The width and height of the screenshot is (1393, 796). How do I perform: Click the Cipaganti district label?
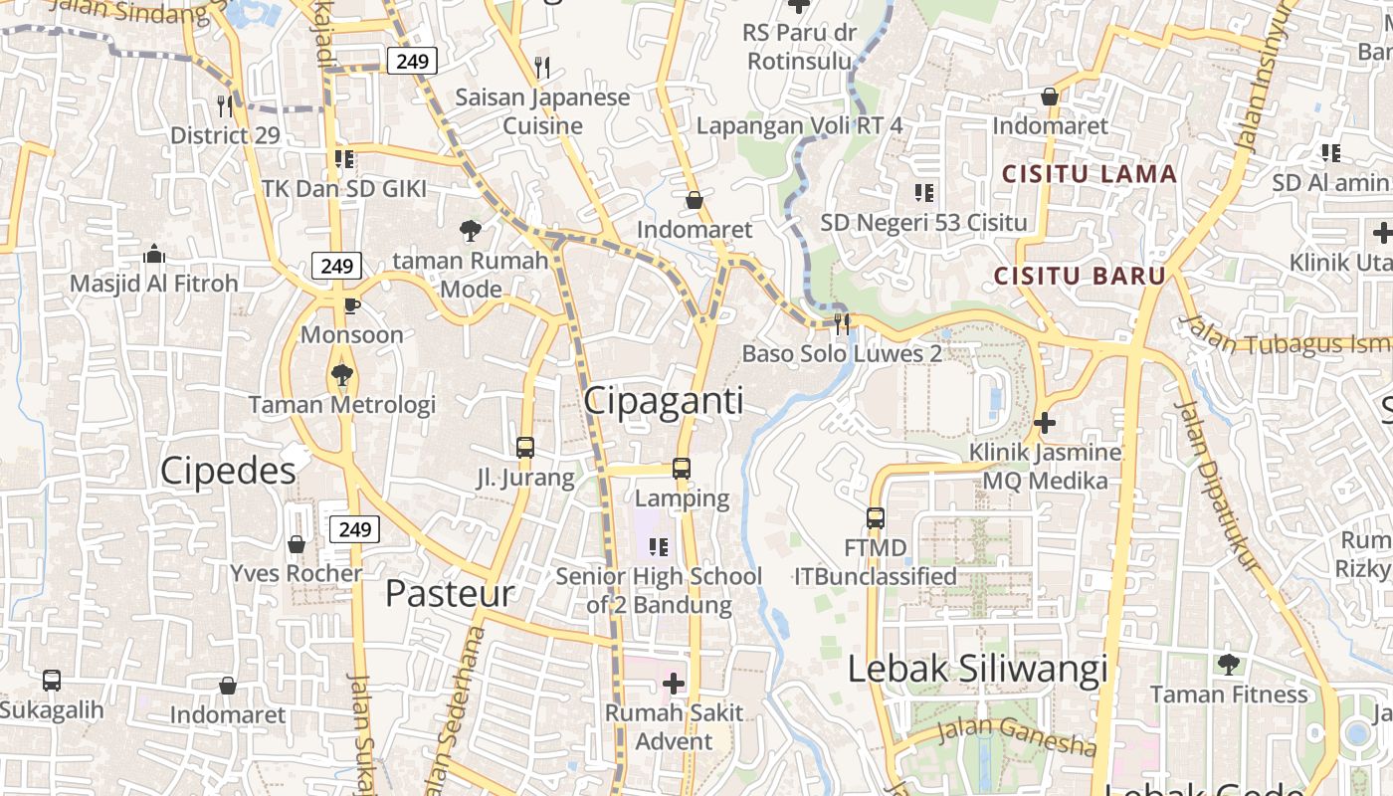[x=663, y=400]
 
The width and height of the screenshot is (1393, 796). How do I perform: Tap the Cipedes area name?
[x=228, y=471]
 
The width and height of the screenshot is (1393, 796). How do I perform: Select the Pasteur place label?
[x=449, y=593]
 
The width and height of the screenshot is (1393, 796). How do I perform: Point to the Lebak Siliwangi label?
[x=977, y=669]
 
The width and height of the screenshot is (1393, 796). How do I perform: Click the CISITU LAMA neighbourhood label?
[x=1089, y=174]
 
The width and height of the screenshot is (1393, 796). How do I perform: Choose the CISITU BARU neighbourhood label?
[x=1080, y=276]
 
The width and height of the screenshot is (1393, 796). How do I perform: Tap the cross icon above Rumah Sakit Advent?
[x=674, y=684]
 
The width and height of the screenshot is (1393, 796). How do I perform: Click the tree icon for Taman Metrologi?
[x=341, y=375]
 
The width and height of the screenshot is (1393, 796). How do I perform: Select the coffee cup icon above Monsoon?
[x=350, y=305]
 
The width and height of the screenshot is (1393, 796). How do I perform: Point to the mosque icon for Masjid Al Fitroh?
[x=153, y=254]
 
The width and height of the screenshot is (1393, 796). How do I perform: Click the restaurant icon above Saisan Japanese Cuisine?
[x=542, y=68]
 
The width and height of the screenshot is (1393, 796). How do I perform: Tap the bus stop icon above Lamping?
[x=682, y=468]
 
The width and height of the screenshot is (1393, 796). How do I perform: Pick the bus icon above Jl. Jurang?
[x=525, y=448]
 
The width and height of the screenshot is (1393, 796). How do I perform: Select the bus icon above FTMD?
[x=876, y=518]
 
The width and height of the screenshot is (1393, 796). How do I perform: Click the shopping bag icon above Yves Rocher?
[x=297, y=544]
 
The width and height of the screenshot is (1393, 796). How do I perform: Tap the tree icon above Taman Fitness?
[x=1229, y=664]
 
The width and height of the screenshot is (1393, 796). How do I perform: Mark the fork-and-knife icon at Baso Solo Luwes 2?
[x=842, y=322]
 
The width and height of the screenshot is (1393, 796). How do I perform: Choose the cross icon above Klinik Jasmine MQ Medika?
[x=1044, y=423]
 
